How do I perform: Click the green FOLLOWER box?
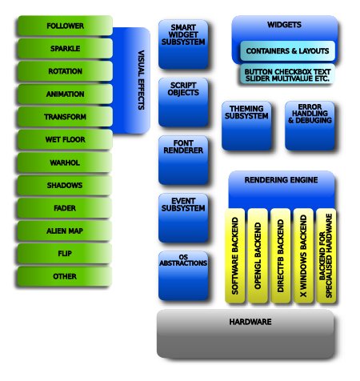[x=65, y=26]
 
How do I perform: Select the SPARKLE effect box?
[x=65, y=49]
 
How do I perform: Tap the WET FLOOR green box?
[x=65, y=139]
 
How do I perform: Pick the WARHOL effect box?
[x=64, y=162]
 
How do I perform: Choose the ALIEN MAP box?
[x=64, y=231]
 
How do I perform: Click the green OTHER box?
[x=64, y=276]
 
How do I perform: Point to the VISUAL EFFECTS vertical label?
[x=141, y=80]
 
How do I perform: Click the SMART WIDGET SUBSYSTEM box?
[x=183, y=44]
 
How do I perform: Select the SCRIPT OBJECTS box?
[x=183, y=102]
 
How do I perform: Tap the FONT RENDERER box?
[x=183, y=160]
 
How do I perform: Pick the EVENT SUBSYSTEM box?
[x=183, y=218]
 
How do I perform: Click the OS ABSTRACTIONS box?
[x=183, y=276]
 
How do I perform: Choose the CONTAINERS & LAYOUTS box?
[x=287, y=50]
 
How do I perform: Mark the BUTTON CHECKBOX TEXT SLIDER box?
[x=287, y=74]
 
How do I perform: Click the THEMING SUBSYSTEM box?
[x=246, y=126]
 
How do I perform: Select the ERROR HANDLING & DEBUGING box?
[x=310, y=126]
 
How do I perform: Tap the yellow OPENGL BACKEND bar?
[x=258, y=255]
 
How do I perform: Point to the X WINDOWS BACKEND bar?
[x=303, y=255]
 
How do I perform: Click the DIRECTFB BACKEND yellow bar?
[x=281, y=255]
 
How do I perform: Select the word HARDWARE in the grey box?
[x=250, y=322]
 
